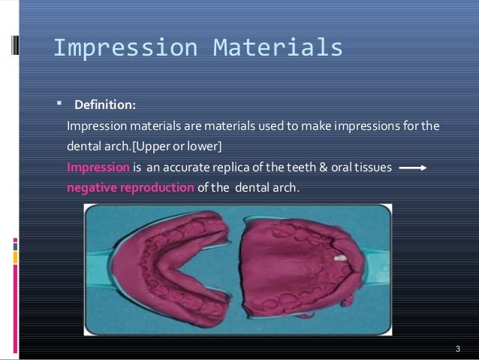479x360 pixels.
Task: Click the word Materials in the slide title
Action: coord(278,47)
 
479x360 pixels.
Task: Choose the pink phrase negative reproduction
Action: coord(130,187)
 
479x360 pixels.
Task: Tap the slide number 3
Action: coord(457,350)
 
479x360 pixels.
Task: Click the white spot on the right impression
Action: coord(339,257)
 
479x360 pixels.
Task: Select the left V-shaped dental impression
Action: coord(169,271)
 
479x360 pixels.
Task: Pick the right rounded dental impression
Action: coord(304,271)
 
